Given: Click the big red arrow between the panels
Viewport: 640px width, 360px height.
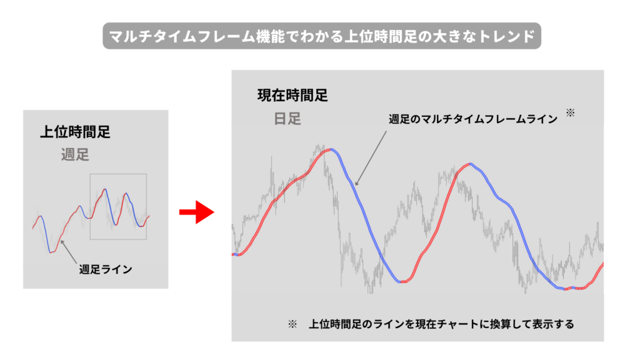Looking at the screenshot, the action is coord(197,212).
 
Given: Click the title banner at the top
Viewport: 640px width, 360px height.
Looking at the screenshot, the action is coord(322,36).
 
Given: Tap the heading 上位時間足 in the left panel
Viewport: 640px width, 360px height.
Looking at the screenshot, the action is coord(75,132).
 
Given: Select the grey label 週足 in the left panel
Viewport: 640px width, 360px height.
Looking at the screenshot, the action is coord(75,155).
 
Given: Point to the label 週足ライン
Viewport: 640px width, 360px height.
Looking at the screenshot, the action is coord(106,269).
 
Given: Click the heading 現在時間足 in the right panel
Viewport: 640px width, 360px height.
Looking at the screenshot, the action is coord(292,96).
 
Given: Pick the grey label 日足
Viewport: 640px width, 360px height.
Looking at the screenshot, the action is coord(287,119).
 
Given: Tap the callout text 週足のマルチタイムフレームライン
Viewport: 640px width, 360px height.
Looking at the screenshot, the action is coord(473,119).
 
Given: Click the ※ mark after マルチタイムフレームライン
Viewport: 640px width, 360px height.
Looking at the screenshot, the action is coord(570,113).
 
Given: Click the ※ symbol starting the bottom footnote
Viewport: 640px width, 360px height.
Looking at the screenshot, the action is coord(292,324).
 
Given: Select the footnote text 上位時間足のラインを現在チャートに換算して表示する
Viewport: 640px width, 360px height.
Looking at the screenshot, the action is coord(441,324).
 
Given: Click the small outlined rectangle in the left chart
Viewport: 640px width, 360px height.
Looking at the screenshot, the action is coord(118,174).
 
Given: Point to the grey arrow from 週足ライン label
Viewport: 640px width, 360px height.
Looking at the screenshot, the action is coord(69,252).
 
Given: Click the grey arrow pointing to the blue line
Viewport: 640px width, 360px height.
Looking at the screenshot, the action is coord(371,158).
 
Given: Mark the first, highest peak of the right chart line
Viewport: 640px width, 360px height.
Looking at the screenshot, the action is coord(331,150).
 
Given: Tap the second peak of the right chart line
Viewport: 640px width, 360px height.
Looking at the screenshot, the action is coord(470,164).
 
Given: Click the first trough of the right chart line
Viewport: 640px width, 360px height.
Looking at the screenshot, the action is coord(402,282).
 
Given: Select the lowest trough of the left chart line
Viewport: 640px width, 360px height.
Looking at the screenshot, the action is coord(51,252).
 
